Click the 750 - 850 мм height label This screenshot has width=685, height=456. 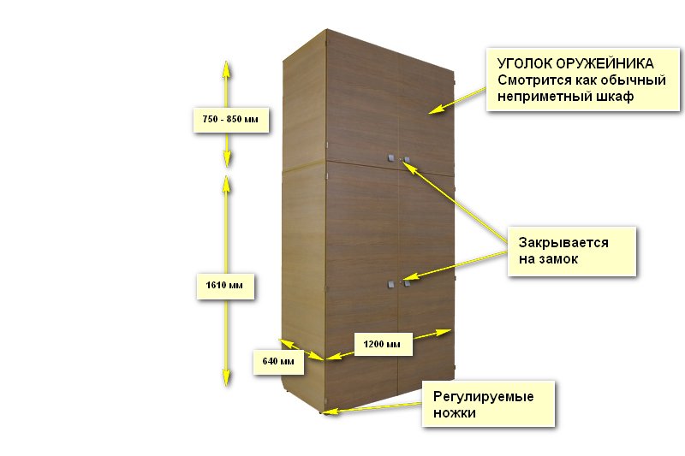coord(225,119)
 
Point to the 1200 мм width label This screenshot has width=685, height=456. coord(382,344)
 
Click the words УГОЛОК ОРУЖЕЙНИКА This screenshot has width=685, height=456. coord(576,64)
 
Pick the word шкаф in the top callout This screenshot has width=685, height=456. coord(611,96)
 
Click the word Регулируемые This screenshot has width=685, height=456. coord(483,397)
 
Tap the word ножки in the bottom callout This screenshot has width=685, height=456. coord(454,412)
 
